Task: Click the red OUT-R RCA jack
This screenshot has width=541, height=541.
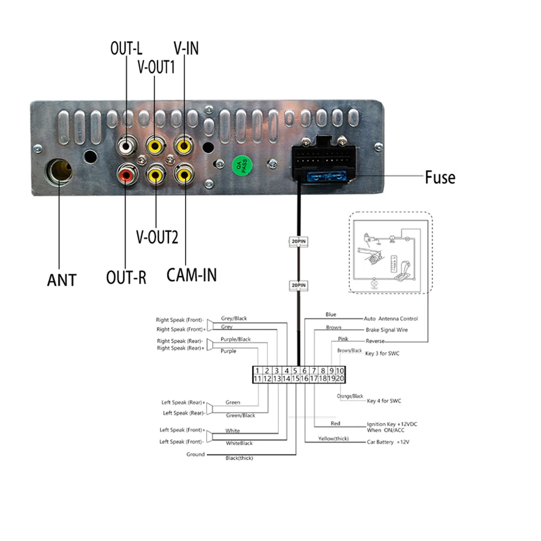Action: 126,175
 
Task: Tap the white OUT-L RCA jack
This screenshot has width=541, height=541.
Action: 126,145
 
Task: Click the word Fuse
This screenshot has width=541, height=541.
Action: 439,177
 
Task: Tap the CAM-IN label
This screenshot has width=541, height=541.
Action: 192,274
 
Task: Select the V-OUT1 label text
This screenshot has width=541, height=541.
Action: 156,67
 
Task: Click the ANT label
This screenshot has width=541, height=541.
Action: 62,280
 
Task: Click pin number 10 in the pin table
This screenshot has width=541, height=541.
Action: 340,371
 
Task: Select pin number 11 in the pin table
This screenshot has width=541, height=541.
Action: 258,379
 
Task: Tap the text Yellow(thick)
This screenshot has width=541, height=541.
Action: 333,438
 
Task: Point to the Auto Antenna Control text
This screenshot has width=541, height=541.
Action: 391,319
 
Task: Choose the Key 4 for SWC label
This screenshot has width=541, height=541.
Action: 384,401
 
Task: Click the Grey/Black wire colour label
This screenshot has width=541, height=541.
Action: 234,319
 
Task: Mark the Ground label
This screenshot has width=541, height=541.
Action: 195,454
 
